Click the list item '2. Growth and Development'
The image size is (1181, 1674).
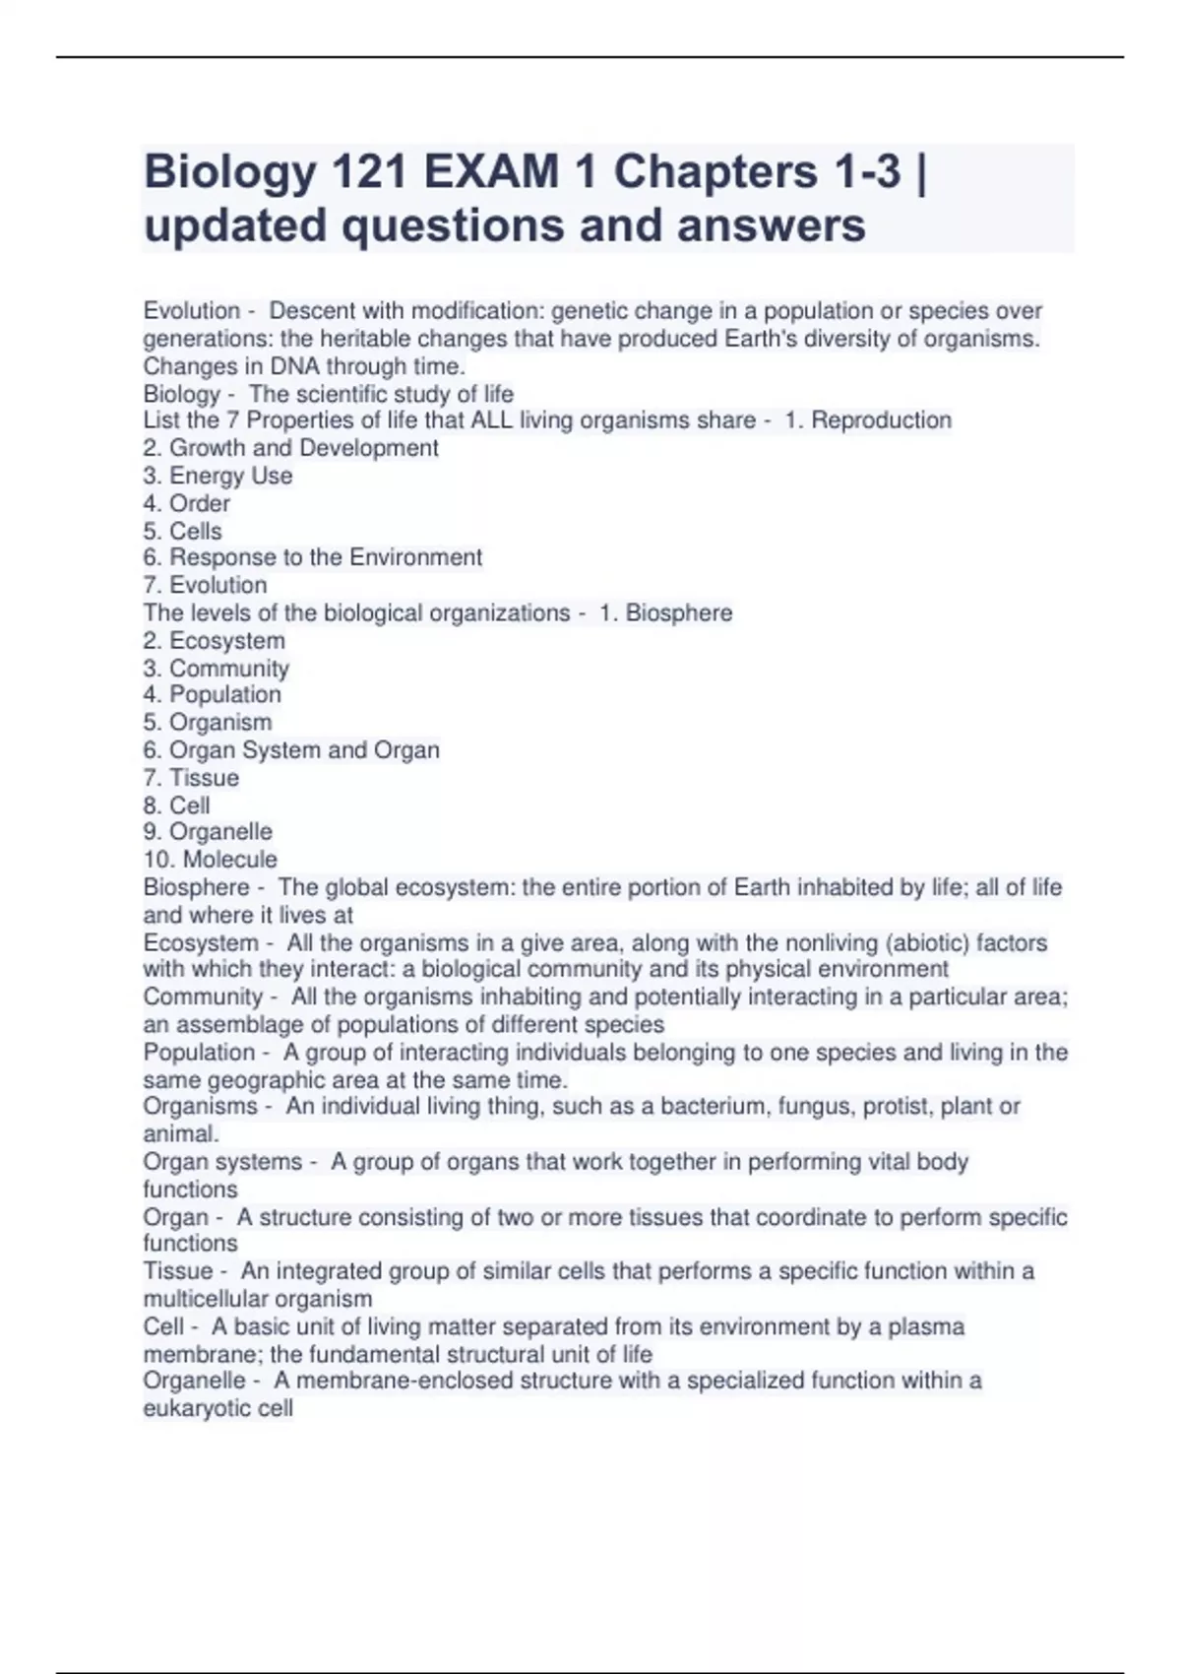coord(290,448)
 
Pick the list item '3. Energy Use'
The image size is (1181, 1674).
coord(218,476)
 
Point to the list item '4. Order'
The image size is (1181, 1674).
coord(186,503)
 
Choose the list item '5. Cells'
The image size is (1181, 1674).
coord(182,531)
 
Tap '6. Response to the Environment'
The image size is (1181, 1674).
coord(312,557)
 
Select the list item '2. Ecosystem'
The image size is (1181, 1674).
coord(214,640)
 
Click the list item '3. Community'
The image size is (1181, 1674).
coord(216,668)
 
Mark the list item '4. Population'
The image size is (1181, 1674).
coord(212,694)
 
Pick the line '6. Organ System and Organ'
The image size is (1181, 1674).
coord(290,749)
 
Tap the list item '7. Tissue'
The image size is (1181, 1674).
coord(191,777)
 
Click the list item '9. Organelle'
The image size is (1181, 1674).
coord(207,831)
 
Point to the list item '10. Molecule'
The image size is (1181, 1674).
coord(210,859)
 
